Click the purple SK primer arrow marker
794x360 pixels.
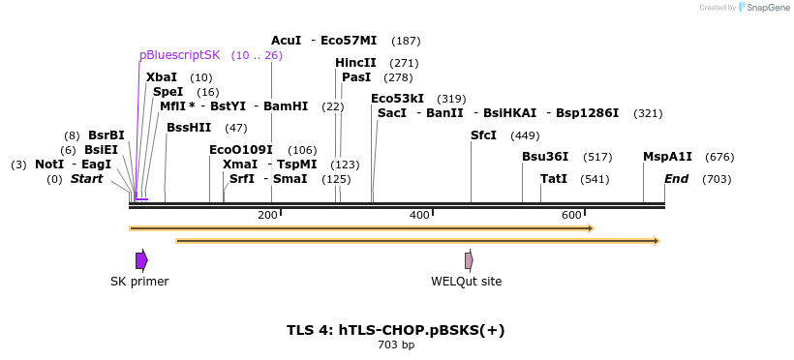141,260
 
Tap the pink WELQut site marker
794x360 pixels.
469,260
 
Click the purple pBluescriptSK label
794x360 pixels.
180,55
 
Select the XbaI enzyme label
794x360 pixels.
162,77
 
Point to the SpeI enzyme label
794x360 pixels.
168,92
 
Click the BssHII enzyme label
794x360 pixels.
189,128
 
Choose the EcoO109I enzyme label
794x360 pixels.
241,150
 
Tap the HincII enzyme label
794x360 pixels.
355,63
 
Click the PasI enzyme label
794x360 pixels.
356,77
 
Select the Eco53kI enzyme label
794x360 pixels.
397,99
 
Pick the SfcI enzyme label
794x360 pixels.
483,135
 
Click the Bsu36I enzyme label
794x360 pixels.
545,157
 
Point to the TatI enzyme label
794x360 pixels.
554,179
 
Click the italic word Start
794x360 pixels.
86,179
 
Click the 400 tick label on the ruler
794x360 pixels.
419,215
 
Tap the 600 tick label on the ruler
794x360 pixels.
571,215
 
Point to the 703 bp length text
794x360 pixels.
396,345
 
